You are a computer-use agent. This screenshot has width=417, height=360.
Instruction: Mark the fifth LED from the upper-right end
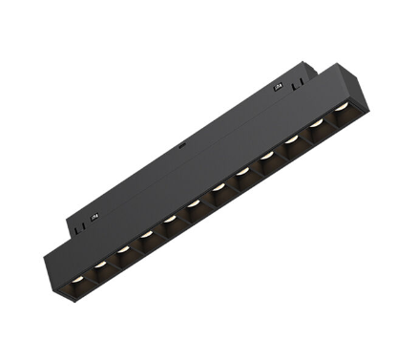coord(241,172)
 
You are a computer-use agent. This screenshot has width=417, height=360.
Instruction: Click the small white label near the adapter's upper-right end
coord(278,89)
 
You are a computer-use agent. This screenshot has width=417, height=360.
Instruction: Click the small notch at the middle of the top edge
coord(182,147)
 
